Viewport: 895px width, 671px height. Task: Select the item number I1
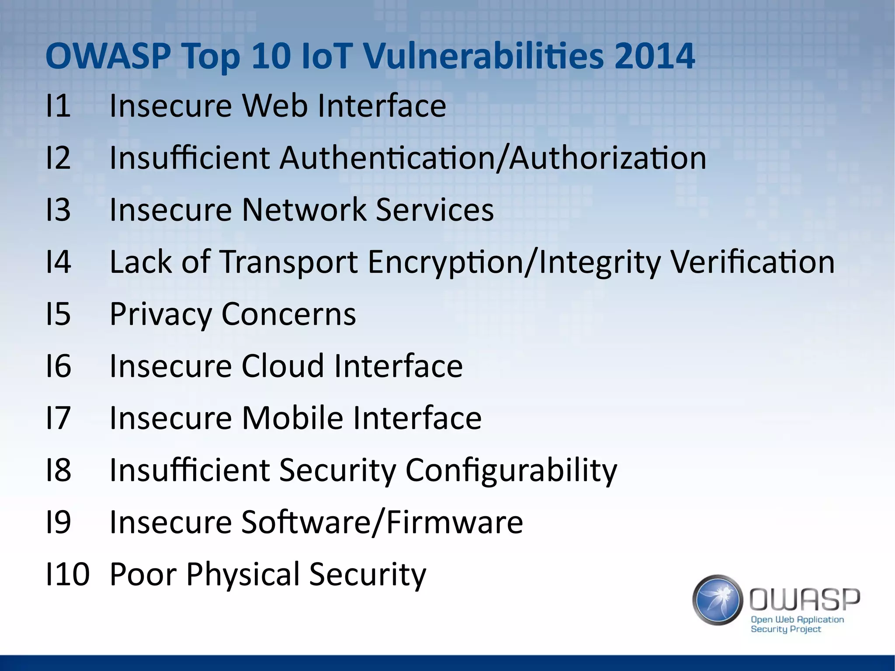58,106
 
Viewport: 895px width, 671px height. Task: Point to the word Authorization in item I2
608,158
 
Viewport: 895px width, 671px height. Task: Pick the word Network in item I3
304,210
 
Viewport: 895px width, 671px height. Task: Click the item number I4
58,262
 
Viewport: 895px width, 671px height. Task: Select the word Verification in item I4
752,262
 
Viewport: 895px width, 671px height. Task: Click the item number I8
58,470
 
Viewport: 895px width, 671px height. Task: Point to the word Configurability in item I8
511,470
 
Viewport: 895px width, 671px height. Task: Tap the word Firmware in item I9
454,522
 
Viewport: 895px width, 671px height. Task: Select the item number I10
67,574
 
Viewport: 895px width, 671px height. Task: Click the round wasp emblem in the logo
718,600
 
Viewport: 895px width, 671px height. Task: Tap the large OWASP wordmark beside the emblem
805,599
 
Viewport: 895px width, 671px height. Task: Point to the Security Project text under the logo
786,629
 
